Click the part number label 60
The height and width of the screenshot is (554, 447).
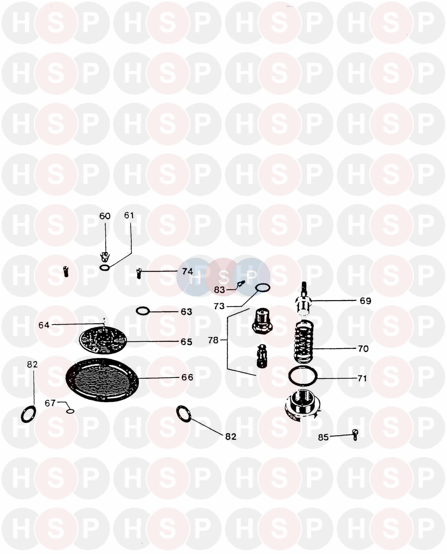pyautogui.click(x=105, y=216)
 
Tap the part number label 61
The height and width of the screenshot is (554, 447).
pyautogui.click(x=129, y=215)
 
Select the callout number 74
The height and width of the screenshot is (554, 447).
pyautogui.click(x=187, y=271)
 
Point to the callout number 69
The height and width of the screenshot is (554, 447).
pyautogui.click(x=365, y=301)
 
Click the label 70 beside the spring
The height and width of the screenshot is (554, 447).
pyautogui.click(x=363, y=348)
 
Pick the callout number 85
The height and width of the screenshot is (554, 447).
pyautogui.click(x=323, y=437)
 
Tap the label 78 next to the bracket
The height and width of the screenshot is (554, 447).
pyautogui.click(x=213, y=340)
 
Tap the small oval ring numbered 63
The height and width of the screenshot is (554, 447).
pyautogui.click(x=142, y=311)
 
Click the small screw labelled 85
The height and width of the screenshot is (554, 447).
pyautogui.click(x=355, y=435)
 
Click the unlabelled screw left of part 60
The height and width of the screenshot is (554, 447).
pyautogui.click(x=66, y=271)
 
